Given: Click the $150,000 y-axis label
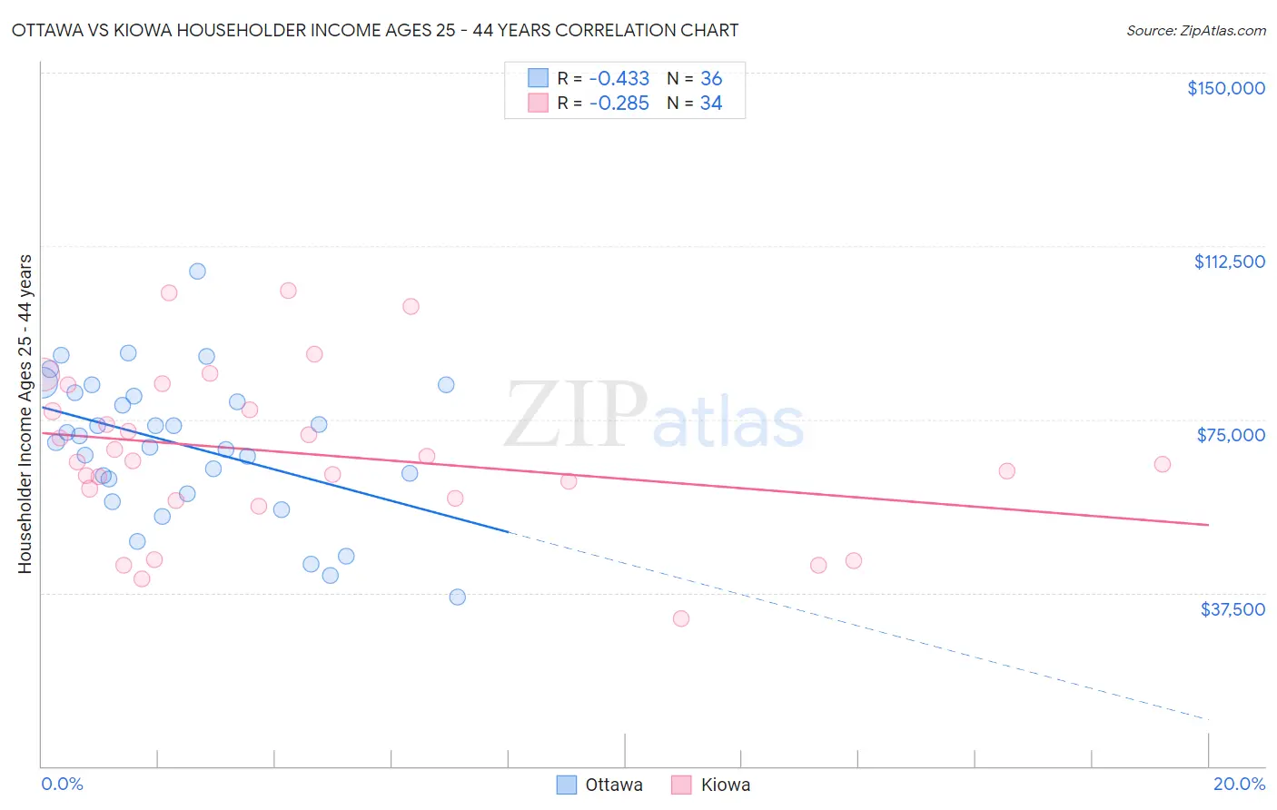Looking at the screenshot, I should (x=1225, y=88).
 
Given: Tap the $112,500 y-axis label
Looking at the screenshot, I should (x=1229, y=262).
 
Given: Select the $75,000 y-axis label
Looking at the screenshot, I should (x=1231, y=435).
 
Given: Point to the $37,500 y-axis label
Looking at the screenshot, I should (x=1232, y=609).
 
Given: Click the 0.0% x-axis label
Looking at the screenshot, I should (x=62, y=784).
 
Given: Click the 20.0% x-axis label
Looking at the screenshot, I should (x=1239, y=784).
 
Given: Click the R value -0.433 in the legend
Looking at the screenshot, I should (x=619, y=79).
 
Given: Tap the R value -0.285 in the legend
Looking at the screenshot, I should (x=619, y=104).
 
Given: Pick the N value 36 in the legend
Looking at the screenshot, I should (x=711, y=79).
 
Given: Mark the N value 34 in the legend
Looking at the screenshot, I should (x=711, y=104).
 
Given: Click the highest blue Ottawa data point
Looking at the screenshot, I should (x=197, y=272).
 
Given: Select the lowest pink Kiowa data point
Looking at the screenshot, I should (x=681, y=618).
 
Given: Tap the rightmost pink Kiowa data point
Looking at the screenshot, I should (x=1162, y=464).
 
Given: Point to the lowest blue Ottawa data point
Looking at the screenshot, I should (x=458, y=597).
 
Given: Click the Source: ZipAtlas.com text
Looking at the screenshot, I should (x=1195, y=31).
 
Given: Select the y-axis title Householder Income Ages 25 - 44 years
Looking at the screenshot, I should (x=25, y=414).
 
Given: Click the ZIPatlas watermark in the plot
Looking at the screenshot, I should (x=654, y=416).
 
